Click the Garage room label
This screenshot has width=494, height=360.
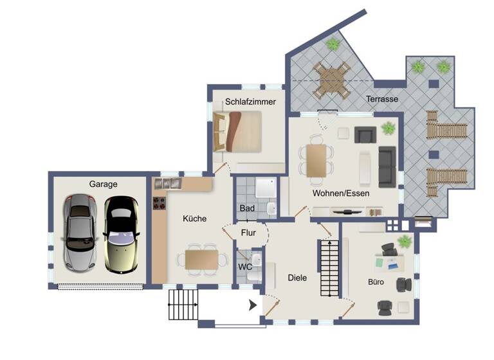coord(103,184)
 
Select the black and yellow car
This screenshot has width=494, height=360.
coord(121,233)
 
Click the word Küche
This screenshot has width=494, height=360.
coord(194,219)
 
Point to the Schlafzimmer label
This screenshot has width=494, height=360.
coord(250,102)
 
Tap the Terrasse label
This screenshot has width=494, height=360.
coord(382,100)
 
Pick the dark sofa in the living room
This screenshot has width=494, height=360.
coord(387,166)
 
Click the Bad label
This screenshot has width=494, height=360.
coord(247,208)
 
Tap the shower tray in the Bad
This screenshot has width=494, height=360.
coord(265,188)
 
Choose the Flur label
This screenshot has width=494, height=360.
coord(249,232)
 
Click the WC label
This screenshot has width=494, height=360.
coord(245,267)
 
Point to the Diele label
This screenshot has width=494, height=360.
coord(297,278)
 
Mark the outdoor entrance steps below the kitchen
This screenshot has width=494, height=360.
coord(184,303)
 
